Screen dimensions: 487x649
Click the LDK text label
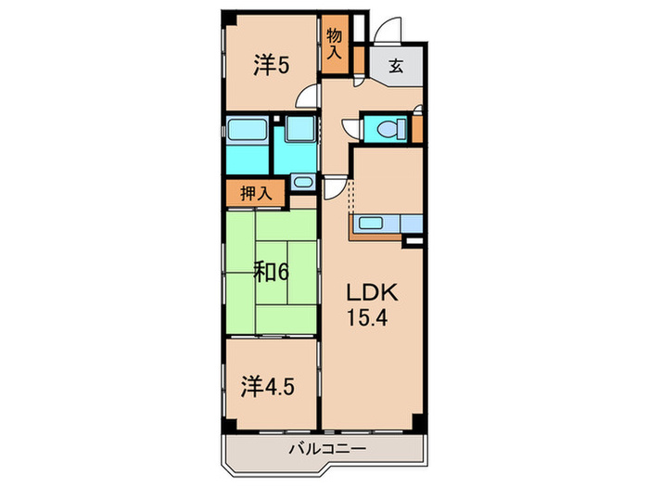(372, 293)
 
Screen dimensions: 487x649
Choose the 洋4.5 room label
(269, 384)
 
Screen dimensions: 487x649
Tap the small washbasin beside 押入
(302, 181)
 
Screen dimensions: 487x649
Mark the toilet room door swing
(350, 129)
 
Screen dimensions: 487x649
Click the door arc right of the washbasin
(331, 186)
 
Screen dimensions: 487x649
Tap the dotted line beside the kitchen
(350, 197)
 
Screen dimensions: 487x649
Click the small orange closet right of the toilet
(416, 127)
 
